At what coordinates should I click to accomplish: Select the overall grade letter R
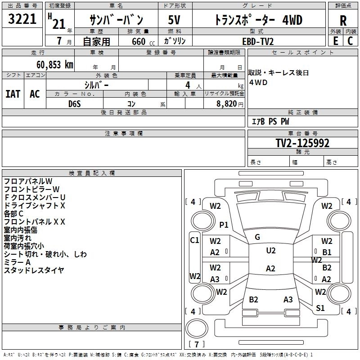343,21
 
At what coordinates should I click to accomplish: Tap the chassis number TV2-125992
302,144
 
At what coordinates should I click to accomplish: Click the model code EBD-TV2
257,41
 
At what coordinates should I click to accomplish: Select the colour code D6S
75,103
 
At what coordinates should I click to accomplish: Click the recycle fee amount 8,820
227,103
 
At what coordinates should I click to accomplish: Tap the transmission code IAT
13,94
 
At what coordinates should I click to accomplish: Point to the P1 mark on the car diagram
224,225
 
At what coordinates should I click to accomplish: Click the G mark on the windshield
257,237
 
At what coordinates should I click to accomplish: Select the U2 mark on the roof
270,251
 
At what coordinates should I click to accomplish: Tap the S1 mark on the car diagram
320,308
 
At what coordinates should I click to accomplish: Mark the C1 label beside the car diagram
194,240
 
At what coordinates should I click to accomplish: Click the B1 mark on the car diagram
327,252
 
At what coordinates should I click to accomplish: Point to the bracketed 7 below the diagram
196,345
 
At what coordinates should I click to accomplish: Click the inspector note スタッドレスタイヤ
34,270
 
